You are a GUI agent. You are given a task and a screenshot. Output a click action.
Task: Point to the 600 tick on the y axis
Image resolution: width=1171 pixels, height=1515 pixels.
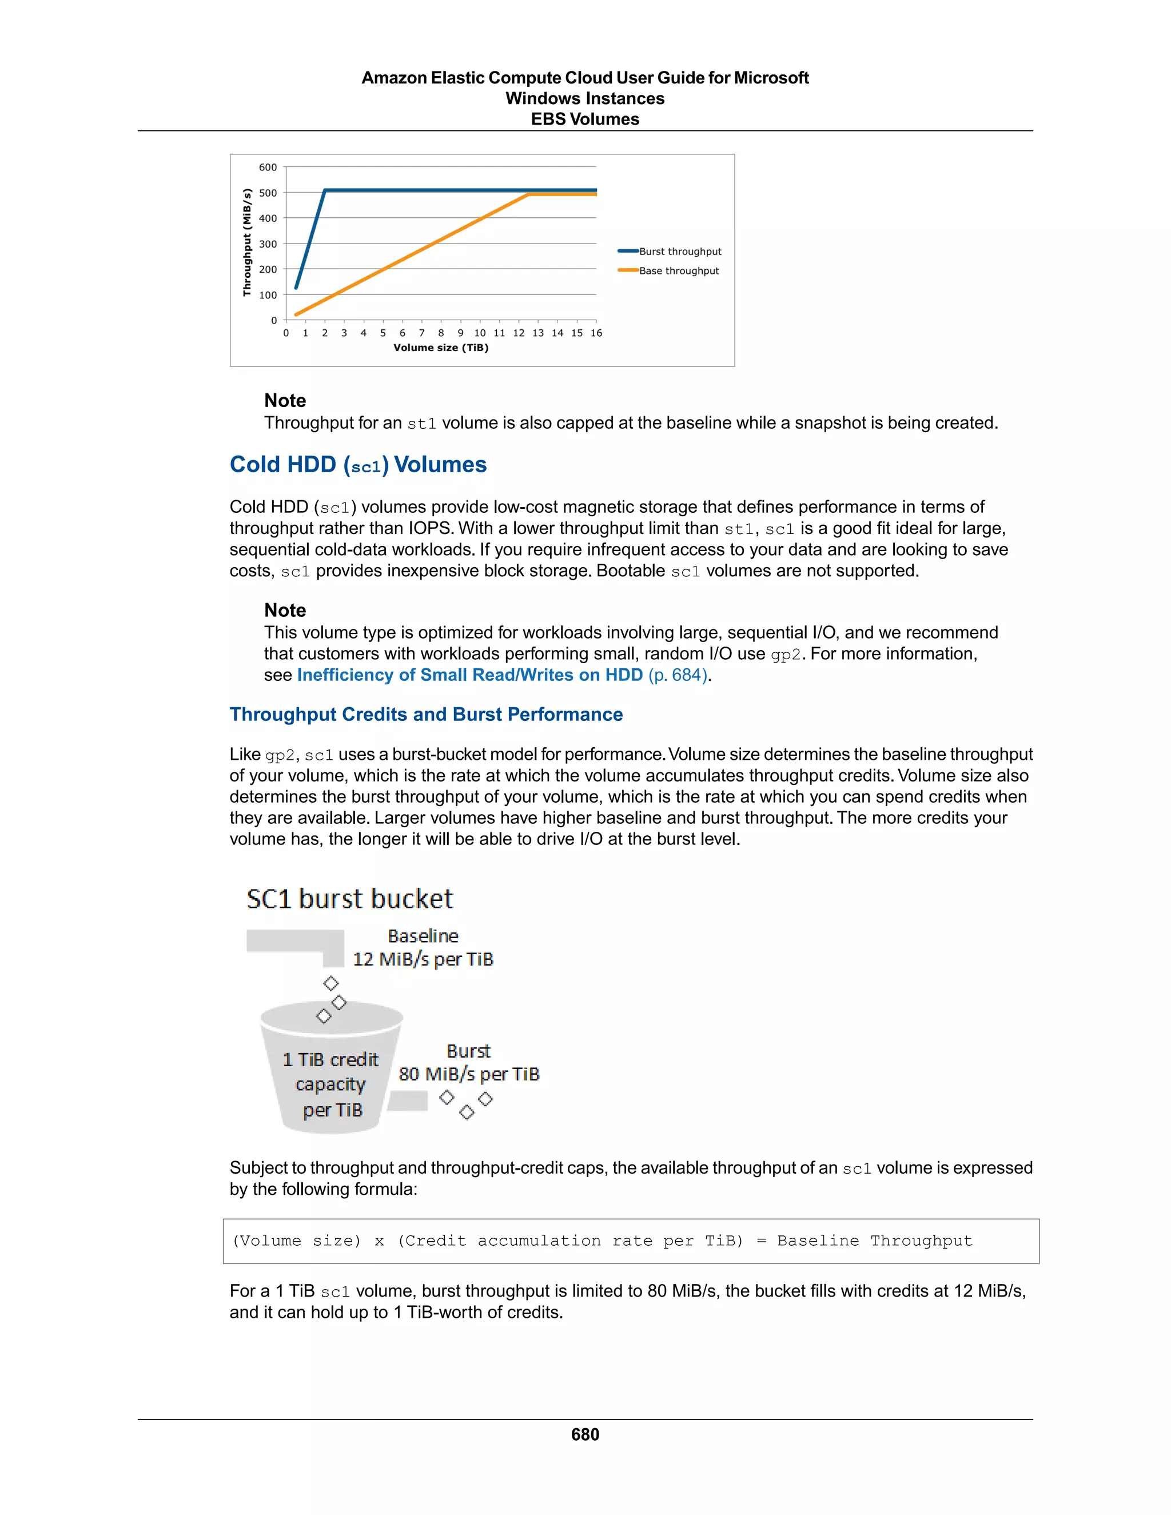pos(268,167)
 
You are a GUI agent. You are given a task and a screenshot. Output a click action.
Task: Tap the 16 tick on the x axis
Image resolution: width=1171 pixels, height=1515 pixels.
pos(596,333)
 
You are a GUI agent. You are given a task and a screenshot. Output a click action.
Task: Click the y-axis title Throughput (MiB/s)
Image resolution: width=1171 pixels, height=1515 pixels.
pos(246,243)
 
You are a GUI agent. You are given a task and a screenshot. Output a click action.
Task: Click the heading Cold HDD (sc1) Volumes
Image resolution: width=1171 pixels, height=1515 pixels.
pos(358,464)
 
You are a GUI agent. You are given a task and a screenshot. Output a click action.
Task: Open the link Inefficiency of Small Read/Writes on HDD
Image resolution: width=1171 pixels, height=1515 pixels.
pos(469,675)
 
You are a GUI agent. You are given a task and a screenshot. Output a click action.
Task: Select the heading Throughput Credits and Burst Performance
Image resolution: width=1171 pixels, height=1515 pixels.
pos(426,715)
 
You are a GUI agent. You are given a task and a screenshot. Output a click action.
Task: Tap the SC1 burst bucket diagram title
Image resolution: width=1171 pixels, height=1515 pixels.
pos(349,899)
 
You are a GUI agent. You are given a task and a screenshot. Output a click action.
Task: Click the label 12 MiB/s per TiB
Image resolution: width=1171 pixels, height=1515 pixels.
pos(423,959)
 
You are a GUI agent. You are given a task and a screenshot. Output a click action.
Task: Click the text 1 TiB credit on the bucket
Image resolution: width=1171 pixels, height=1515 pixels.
pos(331,1060)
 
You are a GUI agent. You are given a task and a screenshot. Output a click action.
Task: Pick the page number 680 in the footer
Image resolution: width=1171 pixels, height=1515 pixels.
pos(585,1434)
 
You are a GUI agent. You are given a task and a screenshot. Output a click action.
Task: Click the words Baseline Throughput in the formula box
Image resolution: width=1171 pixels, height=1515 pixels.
pos(874,1241)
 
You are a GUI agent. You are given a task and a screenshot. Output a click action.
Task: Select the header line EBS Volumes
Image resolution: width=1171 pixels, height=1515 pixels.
pos(585,119)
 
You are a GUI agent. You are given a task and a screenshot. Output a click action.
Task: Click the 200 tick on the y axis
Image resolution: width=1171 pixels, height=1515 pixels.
pos(268,269)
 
